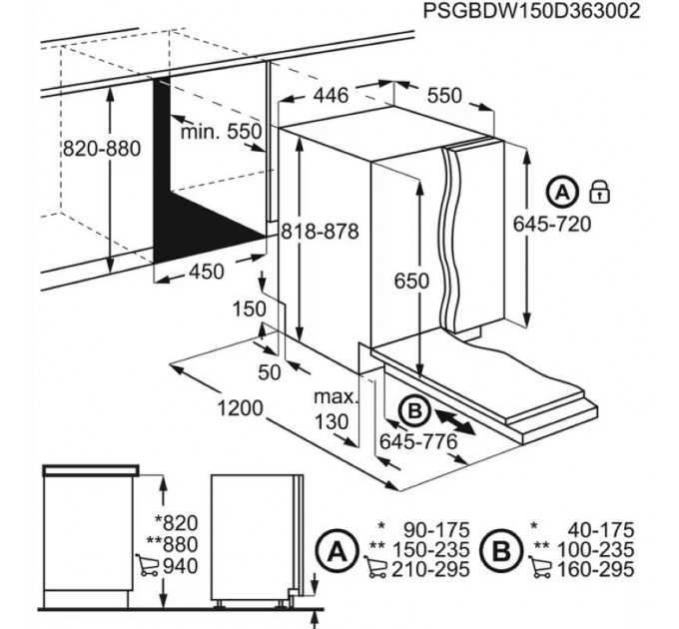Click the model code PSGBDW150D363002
[x=531, y=10]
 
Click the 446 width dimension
[x=331, y=95]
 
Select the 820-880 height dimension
[x=102, y=149]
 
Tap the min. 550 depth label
[x=221, y=131]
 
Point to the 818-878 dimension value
[x=320, y=232]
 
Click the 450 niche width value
[x=207, y=272]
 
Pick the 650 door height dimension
[x=411, y=281]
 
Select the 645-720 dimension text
[x=552, y=225]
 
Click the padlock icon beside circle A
[x=600, y=193]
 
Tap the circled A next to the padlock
[x=562, y=192]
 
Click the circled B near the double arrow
[x=414, y=410]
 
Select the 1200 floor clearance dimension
[x=240, y=407]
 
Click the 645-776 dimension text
[x=418, y=441]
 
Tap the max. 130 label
[x=336, y=409]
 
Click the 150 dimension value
[x=250, y=310]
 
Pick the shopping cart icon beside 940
[x=147, y=565]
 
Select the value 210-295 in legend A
[x=431, y=569]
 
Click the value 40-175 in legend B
[x=601, y=530]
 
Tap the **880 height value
[x=173, y=544]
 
